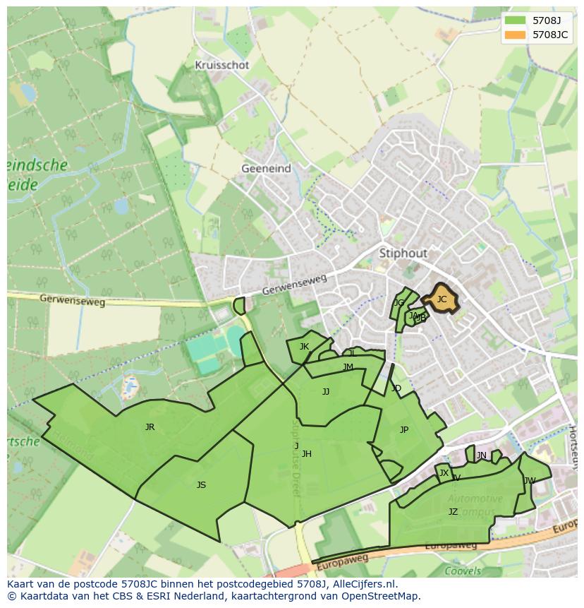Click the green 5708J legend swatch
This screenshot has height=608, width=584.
tap(516, 20)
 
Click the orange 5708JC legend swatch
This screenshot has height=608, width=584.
tap(516, 34)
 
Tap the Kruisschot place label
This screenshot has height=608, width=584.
tap(222, 65)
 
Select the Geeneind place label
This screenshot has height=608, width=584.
tap(266, 169)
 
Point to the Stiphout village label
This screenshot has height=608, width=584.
tap(403, 253)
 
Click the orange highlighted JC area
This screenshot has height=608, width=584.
tap(442, 299)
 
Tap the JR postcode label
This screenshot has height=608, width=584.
tap(150, 427)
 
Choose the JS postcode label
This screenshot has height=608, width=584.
tap(201, 485)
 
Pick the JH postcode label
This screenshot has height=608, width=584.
tap(306, 454)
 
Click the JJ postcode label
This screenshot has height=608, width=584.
tap(326, 392)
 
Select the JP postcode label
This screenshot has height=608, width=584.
tap(404, 430)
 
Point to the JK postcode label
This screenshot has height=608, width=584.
tap(304, 347)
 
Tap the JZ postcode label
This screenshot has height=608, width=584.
tap(453, 512)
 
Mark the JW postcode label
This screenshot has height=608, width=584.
tap(530, 481)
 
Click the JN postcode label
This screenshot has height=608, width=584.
tap(482, 455)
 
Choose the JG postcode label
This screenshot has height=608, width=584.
tap(399, 303)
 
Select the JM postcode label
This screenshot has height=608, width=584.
tap(348, 367)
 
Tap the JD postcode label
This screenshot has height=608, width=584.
tap(396, 388)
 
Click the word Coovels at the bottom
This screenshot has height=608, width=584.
tap(463, 571)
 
